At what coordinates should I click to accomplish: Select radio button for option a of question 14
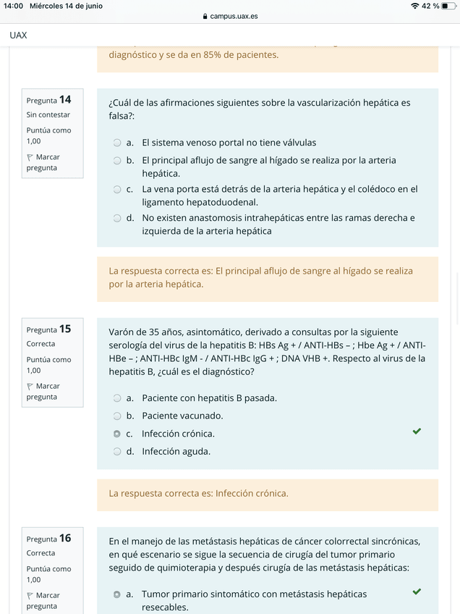click(116, 143)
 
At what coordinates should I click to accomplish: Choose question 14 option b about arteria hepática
click(116, 161)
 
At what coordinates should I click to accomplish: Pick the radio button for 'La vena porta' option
click(116, 190)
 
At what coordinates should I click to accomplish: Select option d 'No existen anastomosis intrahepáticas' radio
click(116, 218)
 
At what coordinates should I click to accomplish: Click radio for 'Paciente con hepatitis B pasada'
click(116, 398)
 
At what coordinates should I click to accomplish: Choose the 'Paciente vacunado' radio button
click(116, 416)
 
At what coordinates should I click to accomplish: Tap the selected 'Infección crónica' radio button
click(116, 434)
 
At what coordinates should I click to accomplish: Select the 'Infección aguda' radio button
click(116, 452)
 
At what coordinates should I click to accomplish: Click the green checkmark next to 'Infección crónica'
click(417, 432)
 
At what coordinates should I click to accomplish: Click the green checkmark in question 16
click(417, 592)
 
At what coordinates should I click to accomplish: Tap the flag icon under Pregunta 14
click(30, 157)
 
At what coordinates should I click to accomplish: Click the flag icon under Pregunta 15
click(30, 387)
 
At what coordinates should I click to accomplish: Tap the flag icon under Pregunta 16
click(30, 596)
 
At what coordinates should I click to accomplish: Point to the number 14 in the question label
click(65, 99)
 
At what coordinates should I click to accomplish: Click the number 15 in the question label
click(65, 329)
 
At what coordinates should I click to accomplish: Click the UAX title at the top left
click(19, 35)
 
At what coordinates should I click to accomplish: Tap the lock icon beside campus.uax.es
click(205, 16)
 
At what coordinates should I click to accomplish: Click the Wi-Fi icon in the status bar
click(414, 6)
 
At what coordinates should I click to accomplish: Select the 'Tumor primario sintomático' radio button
click(116, 594)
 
